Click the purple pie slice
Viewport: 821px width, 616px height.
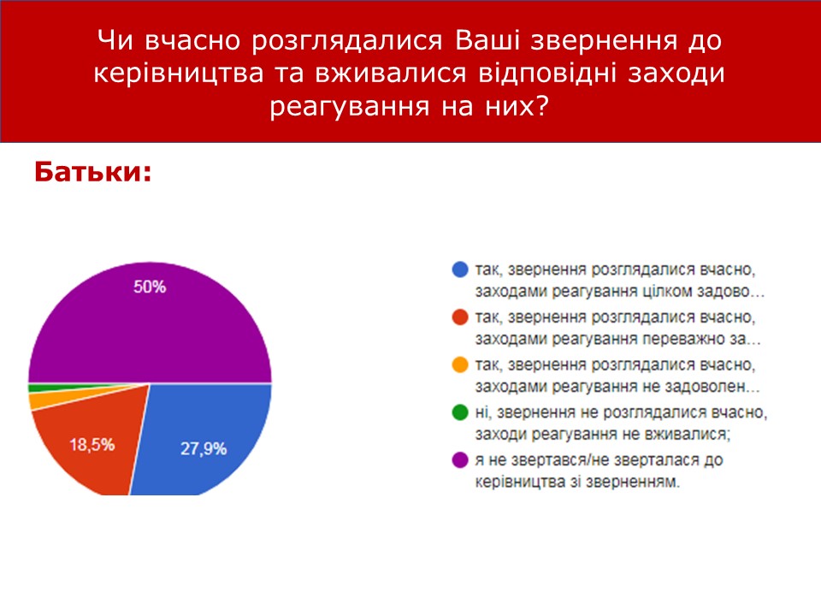tap(150, 325)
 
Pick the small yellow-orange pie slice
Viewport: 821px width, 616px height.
tap(52, 400)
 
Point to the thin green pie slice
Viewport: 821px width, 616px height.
tap(52, 388)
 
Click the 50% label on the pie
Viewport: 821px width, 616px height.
tap(150, 287)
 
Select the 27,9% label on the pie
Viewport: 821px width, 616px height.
tap(204, 448)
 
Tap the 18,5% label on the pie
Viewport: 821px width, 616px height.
tap(92, 445)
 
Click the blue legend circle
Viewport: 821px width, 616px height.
tap(460, 269)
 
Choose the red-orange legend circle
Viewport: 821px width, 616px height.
tap(460, 317)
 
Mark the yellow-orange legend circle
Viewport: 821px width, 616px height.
tap(460, 364)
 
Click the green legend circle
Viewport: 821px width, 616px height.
tap(460, 412)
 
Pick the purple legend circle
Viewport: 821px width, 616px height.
tap(460, 460)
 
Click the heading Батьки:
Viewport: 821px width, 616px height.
tap(93, 171)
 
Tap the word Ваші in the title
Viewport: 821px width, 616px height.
tap(487, 40)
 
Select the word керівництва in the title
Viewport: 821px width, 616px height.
tap(179, 73)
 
